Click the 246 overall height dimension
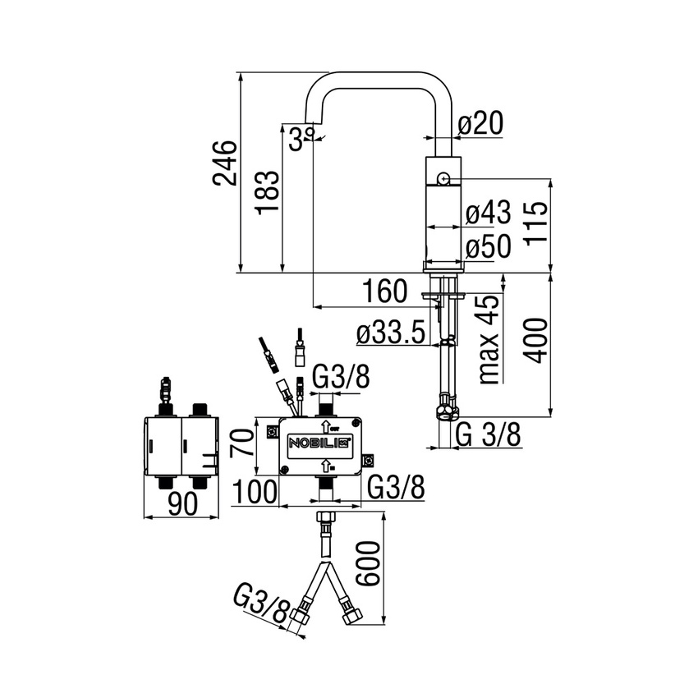(225, 165)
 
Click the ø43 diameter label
(488, 214)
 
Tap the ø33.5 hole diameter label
(391, 333)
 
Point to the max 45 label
(489, 338)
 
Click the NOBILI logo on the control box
(319, 443)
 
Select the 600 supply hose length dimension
(372, 563)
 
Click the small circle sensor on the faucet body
(443, 177)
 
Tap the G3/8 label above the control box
(342, 379)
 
